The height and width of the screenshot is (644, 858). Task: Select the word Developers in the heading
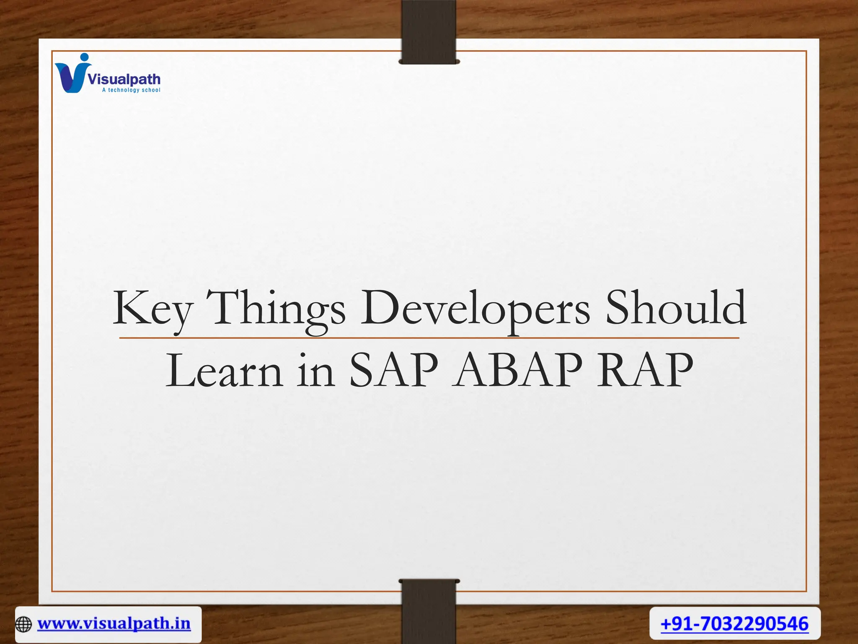click(475, 309)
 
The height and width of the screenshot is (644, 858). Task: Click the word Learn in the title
click(224, 371)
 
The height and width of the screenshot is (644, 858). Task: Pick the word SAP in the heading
click(393, 371)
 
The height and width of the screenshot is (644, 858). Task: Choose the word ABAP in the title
click(519, 371)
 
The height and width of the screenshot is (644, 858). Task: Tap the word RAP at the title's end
click(645, 371)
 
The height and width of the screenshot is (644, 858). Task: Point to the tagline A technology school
click(131, 90)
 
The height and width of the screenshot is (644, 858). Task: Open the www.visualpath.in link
click(114, 623)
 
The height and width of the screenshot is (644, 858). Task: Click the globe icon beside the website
click(23, 624)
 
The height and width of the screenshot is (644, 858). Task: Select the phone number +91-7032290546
click(734, 623)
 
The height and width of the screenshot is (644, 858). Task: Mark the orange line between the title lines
click(429, 338)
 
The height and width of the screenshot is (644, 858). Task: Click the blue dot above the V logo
click(85, 57)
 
